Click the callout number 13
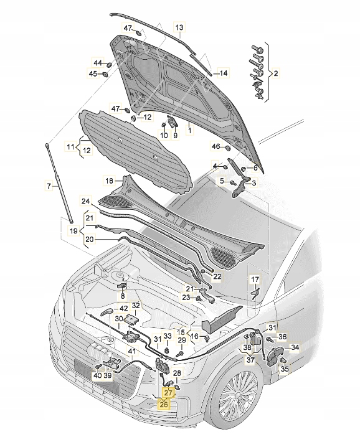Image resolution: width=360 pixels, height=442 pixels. pos(179,28)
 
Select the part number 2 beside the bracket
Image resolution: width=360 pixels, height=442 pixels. pos(276,73)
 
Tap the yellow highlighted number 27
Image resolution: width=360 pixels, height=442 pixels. pos(168,393)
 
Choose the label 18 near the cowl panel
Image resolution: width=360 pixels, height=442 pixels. pos(109,181)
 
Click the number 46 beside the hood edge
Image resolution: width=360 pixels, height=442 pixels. pos(216,147)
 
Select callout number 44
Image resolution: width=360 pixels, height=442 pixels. pos(98,63)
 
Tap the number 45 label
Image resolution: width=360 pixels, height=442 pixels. pos(93,74)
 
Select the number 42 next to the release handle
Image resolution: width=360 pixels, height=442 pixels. pos(123,308)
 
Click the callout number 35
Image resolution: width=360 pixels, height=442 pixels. pos(284,369)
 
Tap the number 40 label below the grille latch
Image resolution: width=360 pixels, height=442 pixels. pos(97,375)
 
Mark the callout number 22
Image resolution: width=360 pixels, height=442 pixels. pos(217,276)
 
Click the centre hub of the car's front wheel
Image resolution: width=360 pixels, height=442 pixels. pos(239,397)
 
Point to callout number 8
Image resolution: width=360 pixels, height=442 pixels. pos(123,296)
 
